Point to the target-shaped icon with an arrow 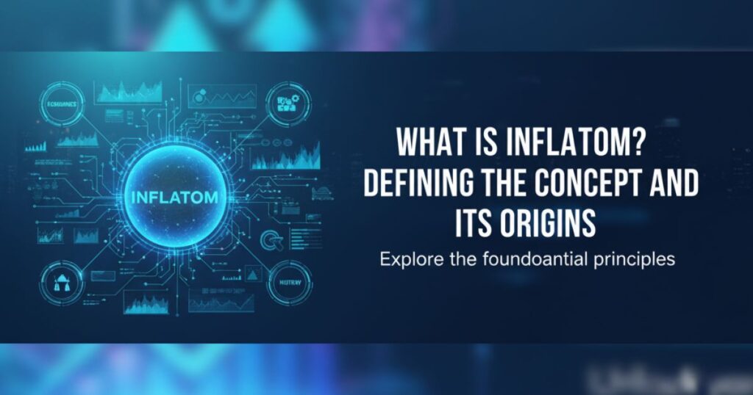(271, 238)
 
